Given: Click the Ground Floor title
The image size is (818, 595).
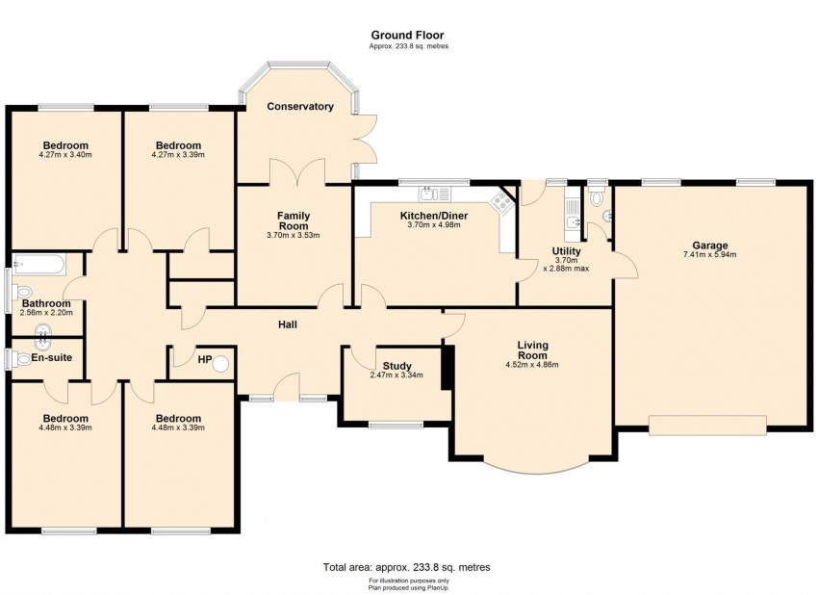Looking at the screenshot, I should click(x=408, y=36).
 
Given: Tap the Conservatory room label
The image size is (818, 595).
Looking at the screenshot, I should click(x=300, y=106).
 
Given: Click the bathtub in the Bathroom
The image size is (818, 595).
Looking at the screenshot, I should click(x=38, y=263).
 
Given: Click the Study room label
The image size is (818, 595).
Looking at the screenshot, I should click(x=396, y=366).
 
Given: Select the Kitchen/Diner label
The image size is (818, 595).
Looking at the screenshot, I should click(x=434, y=216).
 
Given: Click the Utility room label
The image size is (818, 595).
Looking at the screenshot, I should click(x=566, y=251).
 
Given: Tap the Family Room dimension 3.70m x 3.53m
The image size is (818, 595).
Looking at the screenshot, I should click(x=294, y=235).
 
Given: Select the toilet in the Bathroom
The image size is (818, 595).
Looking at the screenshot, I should click(x=23, y=292).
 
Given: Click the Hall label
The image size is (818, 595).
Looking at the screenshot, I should click(x=287, y=324).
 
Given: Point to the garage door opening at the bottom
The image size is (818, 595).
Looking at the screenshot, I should click(x=707, y=425).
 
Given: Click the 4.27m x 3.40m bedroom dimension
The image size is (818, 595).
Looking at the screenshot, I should click(x=65, y=154).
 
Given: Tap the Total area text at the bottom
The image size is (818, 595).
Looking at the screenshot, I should click(x=408, y=567).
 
